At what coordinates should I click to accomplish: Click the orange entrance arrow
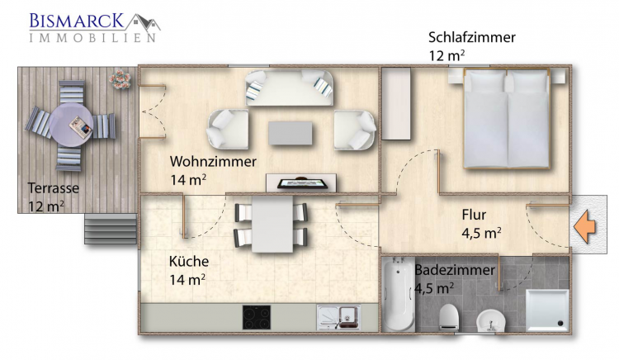coord(584,226)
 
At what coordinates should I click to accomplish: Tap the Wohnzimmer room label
coord(213,162)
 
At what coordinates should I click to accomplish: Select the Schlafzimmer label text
coord(472,37)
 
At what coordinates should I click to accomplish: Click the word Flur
coord(474,215)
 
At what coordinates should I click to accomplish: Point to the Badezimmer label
coord(455,270)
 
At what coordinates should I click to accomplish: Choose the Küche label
coord(189,261)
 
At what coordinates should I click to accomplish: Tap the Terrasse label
coord(54,188)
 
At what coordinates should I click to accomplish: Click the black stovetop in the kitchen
coord(257,317)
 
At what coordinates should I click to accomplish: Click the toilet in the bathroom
coord(448,316)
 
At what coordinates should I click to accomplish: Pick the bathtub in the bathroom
coord(399,295)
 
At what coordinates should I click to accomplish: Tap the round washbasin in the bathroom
coord(491,321)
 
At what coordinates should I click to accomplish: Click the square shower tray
coord(547,310)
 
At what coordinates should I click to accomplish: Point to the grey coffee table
coord(291,133)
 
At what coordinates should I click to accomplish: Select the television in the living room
coord(302,183)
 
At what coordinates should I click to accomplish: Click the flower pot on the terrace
coord(120,79)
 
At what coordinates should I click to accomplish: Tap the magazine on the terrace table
coord(80,126)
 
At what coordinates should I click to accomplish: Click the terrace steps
coord(111,229)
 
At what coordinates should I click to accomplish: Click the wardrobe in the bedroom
coord(396,103)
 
